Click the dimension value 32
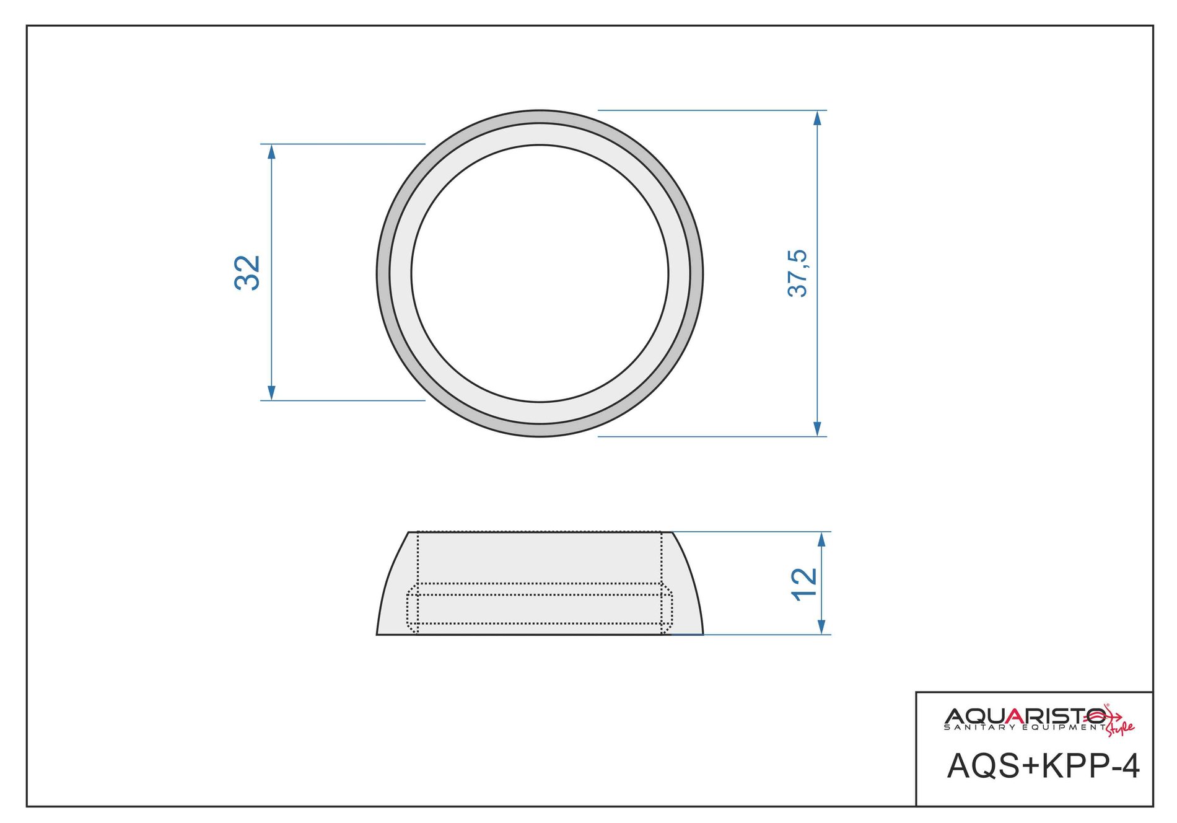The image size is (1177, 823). click(247, 272)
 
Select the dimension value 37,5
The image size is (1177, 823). click(798, 273)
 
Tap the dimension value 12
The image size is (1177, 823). click(804, 583)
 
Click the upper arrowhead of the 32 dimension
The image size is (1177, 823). click(271, 151)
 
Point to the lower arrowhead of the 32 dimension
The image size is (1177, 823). click(271, 393)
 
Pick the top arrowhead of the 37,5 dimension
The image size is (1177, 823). click(818, 118)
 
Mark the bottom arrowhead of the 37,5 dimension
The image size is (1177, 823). click(818, 429)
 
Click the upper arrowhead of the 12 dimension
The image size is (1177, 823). click(822, 539)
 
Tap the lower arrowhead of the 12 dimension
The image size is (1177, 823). click(822, 627)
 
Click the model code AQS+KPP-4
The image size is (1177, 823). click(1043, 766)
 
